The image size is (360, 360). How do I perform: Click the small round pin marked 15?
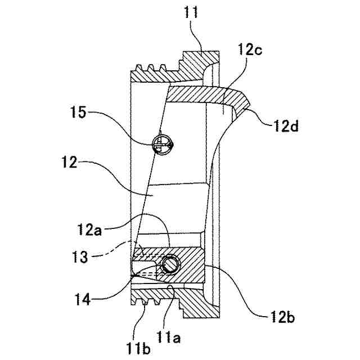162,144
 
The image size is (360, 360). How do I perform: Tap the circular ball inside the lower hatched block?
170,264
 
